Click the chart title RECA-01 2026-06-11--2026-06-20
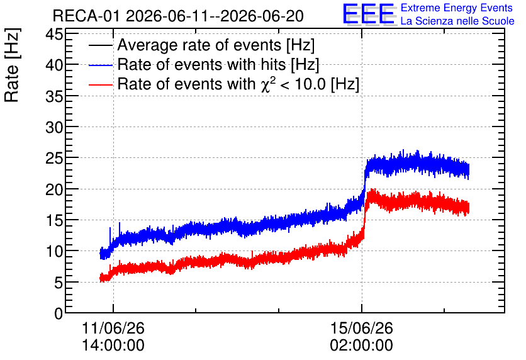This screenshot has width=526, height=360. coord(178,16)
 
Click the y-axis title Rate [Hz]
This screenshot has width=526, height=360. coord(12,65)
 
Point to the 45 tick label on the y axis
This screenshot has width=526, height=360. coord(54,34)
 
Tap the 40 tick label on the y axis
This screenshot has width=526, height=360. coord(54,65)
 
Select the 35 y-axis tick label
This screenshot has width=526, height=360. coord(54,96)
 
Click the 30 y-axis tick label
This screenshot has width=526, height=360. coord(54,127)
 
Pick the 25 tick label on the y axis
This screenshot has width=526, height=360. coord(54,158)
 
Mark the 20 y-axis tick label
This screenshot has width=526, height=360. coord(54,189)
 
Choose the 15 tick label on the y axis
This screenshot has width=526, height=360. coord(54,220)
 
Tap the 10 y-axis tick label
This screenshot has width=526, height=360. coord(54,251)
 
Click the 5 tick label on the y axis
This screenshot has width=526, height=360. coord(59,283)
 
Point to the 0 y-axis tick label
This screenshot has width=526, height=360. coord(59,313)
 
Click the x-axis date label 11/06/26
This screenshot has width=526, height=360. coord(113,328)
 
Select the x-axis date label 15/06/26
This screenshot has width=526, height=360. coord(362,328)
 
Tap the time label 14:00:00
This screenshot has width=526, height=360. coord(113,346)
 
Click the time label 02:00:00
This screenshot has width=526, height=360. coord(362,346)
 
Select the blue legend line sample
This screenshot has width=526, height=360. coord(101,65)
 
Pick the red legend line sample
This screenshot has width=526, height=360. coord(101,85)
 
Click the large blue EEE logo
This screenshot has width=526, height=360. coord(369,14)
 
